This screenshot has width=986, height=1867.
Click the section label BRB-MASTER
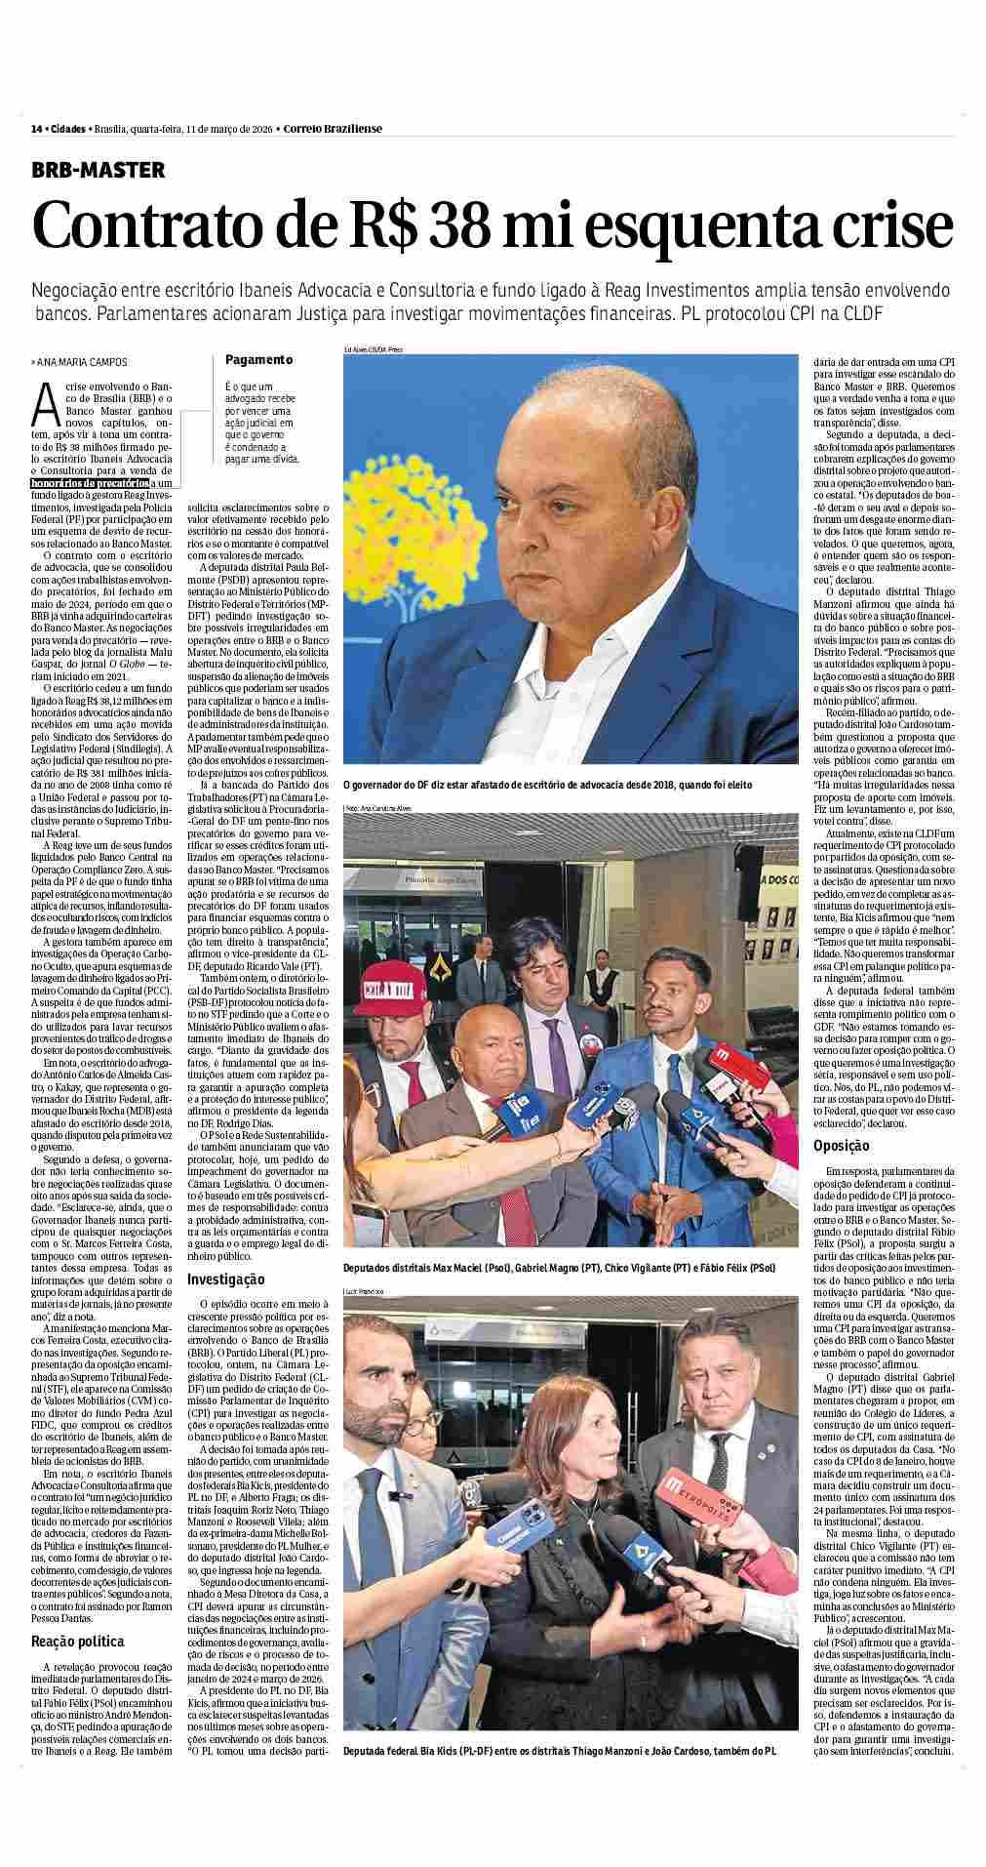[x=99, y=170]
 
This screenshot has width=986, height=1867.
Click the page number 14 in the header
[x=37, y=129]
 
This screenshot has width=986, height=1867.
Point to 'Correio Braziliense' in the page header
[x=333, y=129]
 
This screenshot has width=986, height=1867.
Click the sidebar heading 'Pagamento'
[x=258, y=359]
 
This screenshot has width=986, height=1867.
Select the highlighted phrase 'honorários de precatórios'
[x=90, y=482]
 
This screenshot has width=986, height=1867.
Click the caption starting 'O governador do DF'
[x=547, y=784]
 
